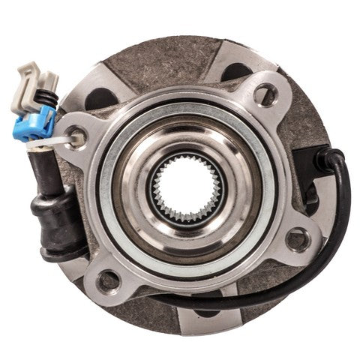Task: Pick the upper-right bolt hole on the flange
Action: tap(262, 94)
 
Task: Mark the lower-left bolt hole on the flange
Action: tap(109, 280)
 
